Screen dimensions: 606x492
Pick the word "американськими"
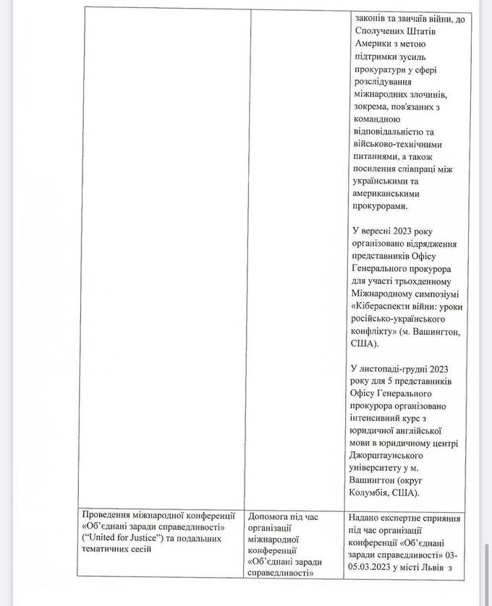387,194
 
